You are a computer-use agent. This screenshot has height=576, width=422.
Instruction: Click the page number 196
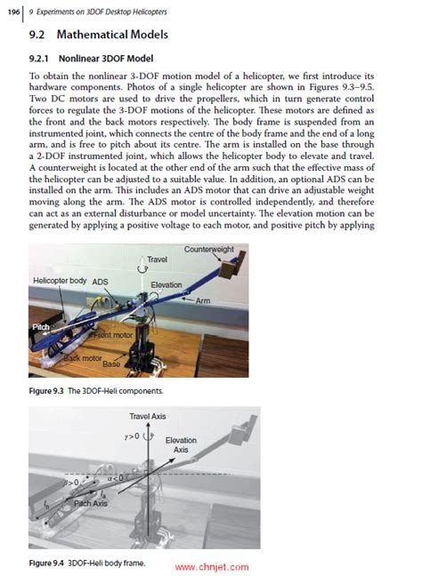(x=15, y=12)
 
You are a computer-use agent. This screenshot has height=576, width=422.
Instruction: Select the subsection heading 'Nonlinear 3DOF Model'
(x=99, y=59)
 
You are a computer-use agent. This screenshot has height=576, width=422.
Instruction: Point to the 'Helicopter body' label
(x=61, y=279)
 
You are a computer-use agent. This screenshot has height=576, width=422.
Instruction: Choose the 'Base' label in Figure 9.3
(x=111, y=364)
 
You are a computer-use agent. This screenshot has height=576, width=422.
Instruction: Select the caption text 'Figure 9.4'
(x=49, y=564)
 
